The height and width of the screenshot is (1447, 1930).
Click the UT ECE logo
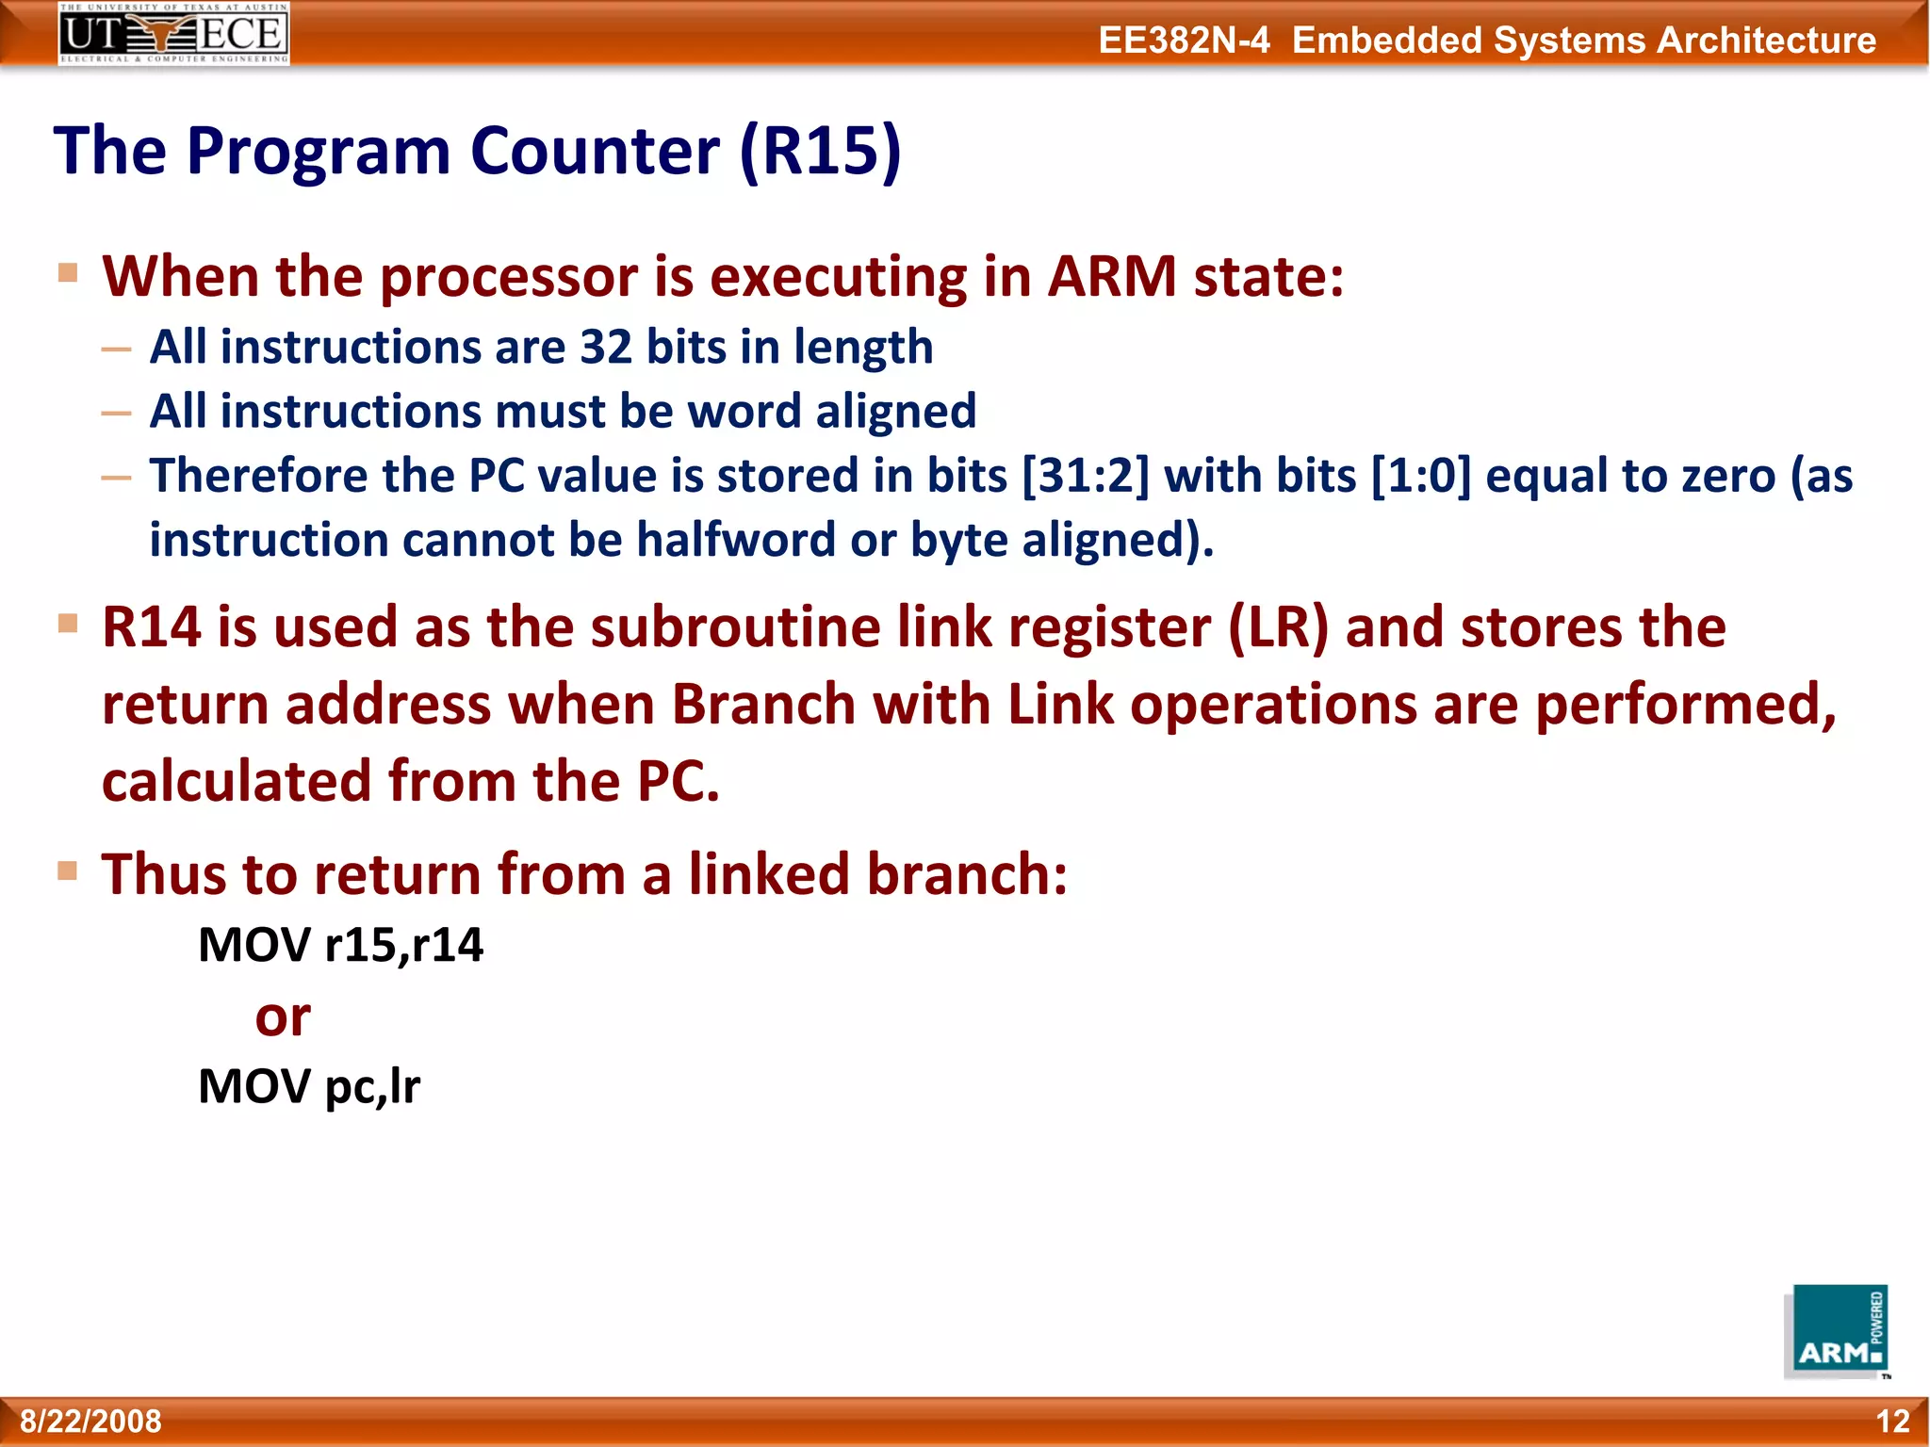point(173,34)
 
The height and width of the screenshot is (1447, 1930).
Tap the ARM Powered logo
point(1839,1332)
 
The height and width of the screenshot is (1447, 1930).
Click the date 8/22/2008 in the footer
point(91,1421)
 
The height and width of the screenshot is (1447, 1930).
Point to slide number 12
point(1892,1421)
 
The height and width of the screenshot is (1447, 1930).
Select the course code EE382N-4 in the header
point(1184,41)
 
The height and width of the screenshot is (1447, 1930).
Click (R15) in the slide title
point(820,151)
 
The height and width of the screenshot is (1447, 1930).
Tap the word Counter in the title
point(595,151)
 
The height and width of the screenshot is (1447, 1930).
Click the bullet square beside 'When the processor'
point(68,273)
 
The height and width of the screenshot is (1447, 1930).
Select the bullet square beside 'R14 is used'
point(68,624)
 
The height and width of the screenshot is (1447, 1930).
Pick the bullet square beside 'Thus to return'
point(68,870)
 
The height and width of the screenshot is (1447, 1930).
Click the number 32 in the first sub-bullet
point(605,347)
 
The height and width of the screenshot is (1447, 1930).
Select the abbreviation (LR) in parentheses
point(1278,627)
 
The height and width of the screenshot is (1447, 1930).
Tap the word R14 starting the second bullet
point(151,627)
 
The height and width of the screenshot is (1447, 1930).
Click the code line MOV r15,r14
point(340,945)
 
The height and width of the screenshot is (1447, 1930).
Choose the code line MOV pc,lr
point(309,1086)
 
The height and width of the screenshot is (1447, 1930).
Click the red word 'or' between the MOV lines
point(283,1016)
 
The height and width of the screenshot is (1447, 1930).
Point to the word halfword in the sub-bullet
point(736,540)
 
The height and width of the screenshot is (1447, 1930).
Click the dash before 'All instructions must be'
point(117,414)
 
